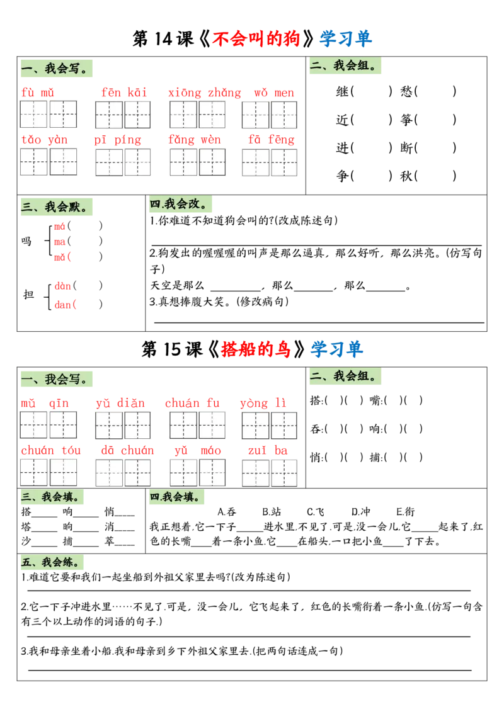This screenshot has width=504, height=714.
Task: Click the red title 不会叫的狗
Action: point(256,39)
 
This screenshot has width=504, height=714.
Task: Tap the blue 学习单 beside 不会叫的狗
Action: point(345,39)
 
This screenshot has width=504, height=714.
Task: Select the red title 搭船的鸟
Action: point(256,349)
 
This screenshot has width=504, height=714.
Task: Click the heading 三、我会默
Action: point(57,207)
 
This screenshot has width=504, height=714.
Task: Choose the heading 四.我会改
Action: point(181,204)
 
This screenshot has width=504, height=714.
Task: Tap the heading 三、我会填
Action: point(52,497)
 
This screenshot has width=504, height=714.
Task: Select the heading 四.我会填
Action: point(176,497)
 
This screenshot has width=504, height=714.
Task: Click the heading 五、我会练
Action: point(52,562)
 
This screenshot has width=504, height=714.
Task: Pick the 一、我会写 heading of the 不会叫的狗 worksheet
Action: point(57,68)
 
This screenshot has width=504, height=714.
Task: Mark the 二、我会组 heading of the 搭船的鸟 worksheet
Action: point(345,377)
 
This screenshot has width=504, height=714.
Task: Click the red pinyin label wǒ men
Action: point(273,93)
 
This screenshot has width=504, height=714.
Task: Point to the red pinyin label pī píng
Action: point(117,140)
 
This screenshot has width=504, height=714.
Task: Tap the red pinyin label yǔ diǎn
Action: point(120,403)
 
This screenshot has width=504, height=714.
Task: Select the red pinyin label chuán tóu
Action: point(50,450)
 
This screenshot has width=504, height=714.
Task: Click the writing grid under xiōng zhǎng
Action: point(197,115)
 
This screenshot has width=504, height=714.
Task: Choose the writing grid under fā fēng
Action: point(270,162)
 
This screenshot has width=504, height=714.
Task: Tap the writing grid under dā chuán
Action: point(123,472)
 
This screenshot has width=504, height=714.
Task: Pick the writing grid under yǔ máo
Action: point(197,472)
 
